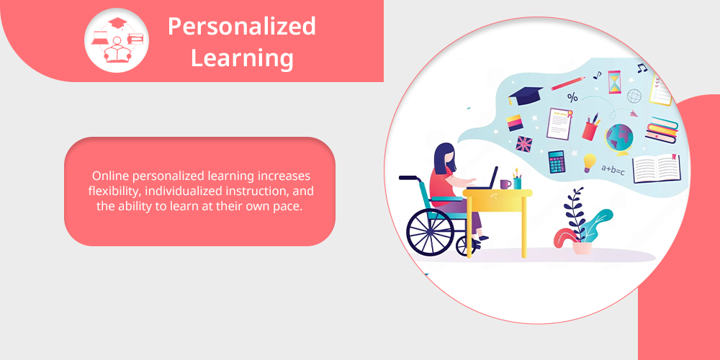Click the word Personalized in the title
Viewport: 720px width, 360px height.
(241, 27)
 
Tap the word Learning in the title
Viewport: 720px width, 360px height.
(241, 59)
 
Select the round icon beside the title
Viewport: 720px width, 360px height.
(117, 40)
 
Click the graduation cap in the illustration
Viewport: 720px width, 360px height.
(525, 94)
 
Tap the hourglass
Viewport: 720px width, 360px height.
(614, 82)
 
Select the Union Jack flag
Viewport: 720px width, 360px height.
(524, 144)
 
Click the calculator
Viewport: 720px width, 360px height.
(557, 161)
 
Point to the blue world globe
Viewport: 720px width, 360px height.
(619, 138)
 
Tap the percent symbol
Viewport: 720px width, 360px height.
(572, 97)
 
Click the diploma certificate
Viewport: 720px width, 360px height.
(559, 123)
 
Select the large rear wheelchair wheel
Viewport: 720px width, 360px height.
(431, 232)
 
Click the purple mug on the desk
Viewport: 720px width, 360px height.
(505, 184)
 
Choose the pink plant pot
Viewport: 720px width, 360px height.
(582, 248)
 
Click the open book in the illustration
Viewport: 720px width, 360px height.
(657, 168)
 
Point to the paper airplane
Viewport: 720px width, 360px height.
(634, 114)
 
